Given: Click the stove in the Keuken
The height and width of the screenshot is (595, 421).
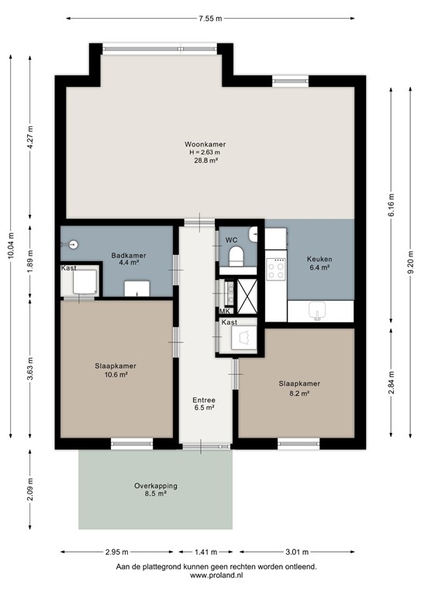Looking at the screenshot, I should point(276,268).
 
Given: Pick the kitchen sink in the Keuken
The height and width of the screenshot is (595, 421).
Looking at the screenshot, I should point(317,311).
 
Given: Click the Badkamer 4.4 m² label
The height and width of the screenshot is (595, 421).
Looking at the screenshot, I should point(128,259).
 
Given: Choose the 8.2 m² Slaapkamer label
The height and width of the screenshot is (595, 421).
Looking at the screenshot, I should point(298,388).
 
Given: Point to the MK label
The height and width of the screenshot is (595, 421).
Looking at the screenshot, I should point(223,311).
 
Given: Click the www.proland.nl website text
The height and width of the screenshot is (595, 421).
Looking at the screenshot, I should point(216,576).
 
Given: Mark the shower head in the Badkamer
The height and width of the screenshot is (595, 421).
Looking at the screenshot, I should point(73,244).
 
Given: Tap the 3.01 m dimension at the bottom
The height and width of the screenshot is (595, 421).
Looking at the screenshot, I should point(298,552).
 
